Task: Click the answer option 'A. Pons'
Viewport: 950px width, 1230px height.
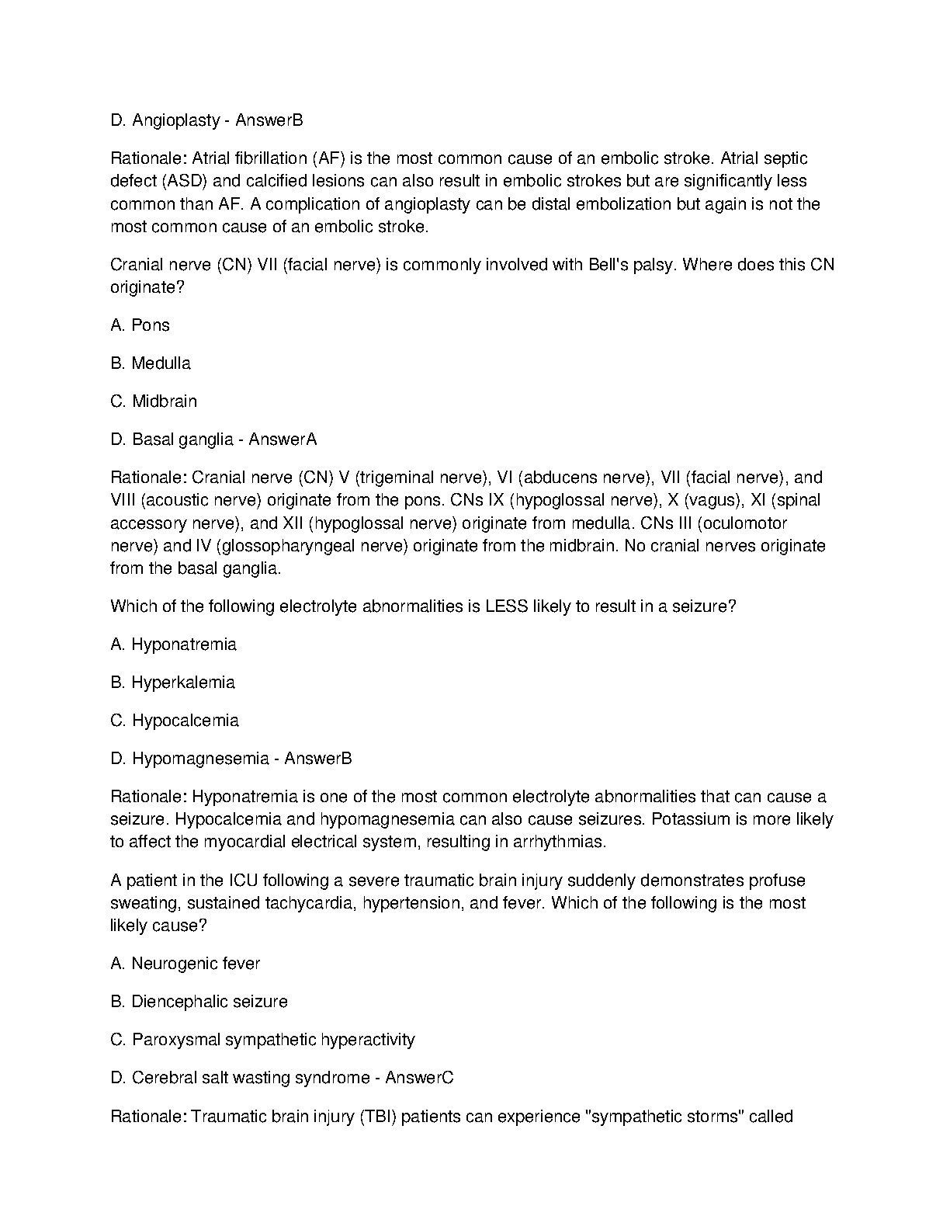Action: pos(140,325)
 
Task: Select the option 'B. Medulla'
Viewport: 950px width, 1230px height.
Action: pos(151,363)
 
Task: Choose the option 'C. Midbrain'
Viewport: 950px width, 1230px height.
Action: pos(154,401)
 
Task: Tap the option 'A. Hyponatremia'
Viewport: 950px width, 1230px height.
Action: pos(173,645)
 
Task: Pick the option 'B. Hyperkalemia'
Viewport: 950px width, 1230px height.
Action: pos(172,683)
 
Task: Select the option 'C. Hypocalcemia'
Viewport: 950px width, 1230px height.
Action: pos(175,721)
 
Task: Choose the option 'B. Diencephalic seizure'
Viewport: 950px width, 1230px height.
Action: pos(199,1002)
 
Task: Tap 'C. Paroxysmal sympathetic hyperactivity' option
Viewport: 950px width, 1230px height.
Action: pos(262,1040)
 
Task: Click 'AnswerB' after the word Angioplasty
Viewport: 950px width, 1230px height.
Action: pos(269,120)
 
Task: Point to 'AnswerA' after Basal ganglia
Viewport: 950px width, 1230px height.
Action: pos(283,440)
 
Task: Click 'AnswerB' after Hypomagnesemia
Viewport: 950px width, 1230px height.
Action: pos(318,759)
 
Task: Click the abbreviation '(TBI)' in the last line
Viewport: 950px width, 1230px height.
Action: pos(377,1117)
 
